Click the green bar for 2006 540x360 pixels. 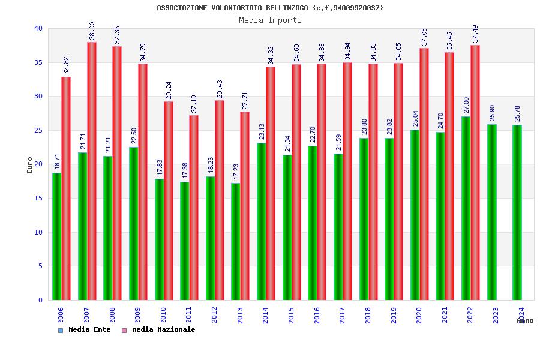click(56, 236)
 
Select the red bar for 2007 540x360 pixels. click(92, 171)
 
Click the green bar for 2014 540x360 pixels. click(262, 221)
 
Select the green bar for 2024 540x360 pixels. click(517, 212)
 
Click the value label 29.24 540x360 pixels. click(168, 90)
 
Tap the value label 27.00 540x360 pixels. click(466, 105)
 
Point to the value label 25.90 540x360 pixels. click(492, 113)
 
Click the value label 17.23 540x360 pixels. click(236, 172)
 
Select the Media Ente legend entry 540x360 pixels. click(85, 329)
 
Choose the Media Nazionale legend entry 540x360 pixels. click(159, 329)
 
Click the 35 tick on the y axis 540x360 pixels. click(38, 62)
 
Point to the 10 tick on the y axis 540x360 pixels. click(38, 232)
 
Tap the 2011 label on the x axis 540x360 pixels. click(189, 316)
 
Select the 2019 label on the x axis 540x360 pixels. click(394, 316)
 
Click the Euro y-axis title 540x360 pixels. click(30, 165)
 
